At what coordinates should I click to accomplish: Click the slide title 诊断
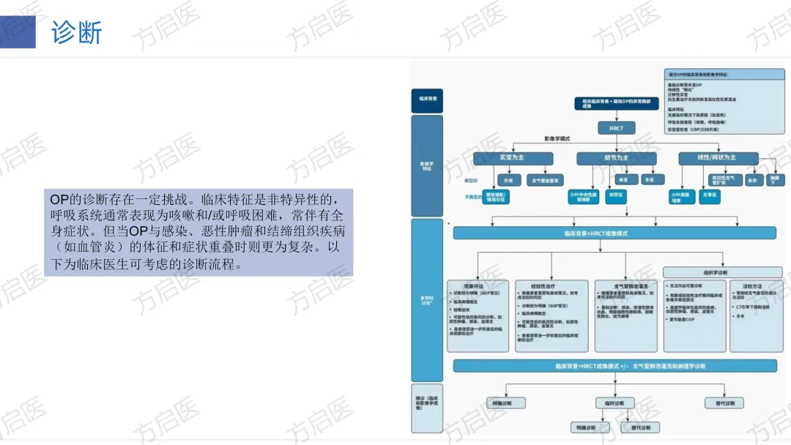tap(76, 32)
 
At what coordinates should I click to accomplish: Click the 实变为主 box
tap(511, 157)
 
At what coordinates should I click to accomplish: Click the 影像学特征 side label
tap(427, 165)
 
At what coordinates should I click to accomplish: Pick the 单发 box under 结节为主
tap(623, 179)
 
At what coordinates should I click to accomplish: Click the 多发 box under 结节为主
tap(649, 179)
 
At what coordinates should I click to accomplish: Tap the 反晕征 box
tap(709, 196)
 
